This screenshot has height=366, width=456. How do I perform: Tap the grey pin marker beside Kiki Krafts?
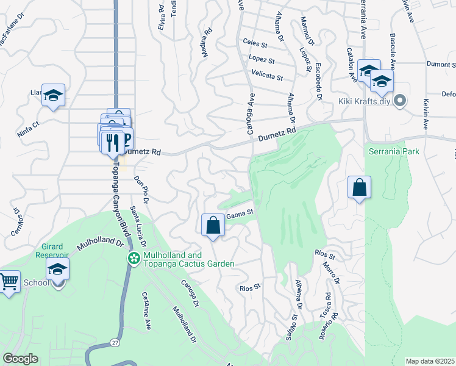coord(401,101)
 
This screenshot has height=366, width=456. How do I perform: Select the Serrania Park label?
coord(394,151)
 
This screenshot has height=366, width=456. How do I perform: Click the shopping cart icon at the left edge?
coord(9,283)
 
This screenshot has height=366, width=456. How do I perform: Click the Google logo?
coord(21,359)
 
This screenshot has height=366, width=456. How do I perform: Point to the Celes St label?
coord(255,44)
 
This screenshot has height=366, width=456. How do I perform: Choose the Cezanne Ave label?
coord(146,312)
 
